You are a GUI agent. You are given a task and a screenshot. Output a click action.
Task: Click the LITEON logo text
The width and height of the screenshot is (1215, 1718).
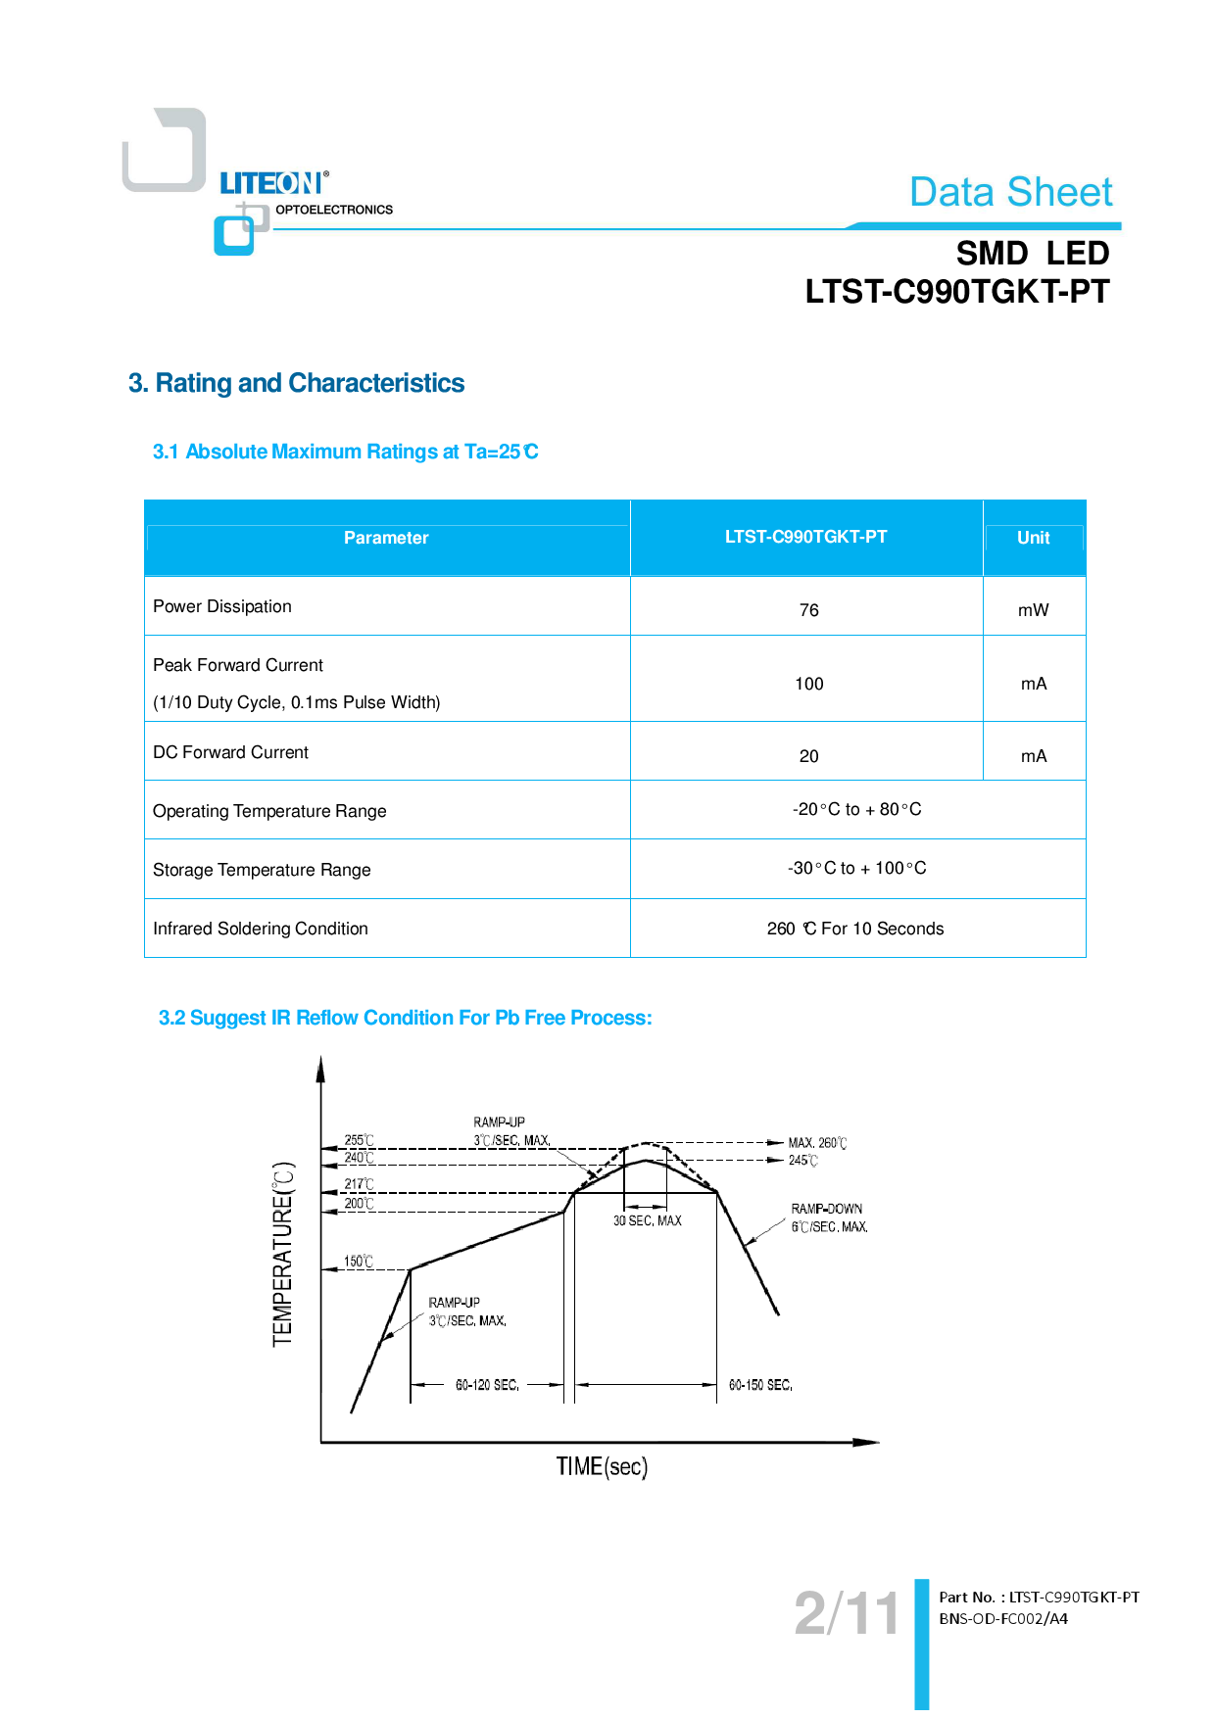coord(270,183)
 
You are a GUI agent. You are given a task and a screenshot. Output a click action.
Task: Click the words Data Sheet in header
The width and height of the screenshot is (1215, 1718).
coord(1010,192)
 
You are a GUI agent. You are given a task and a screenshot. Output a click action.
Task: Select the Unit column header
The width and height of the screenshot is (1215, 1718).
coord(1033,538)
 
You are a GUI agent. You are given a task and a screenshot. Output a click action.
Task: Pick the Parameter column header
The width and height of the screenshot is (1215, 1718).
coord(386,538)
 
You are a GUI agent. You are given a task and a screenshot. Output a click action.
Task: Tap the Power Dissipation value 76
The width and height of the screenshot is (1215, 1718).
coord(808,610)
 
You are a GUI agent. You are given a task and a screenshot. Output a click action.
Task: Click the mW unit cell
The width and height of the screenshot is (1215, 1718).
coord(1033,610)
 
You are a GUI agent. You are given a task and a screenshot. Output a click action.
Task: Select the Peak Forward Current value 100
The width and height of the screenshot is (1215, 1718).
coord(808,684)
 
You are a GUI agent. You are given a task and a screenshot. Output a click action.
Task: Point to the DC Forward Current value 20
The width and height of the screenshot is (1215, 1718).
coord(808,756)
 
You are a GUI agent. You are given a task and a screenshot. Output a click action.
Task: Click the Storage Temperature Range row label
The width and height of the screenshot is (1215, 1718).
coord(262,870)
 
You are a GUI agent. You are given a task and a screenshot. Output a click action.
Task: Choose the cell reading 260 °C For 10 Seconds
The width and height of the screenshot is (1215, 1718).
coord(855,929)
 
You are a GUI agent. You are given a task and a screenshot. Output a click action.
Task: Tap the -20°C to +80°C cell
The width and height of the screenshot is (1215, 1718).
coord(856,809)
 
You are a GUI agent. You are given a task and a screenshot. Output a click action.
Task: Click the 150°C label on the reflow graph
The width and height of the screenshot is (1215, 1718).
coord(358,1262)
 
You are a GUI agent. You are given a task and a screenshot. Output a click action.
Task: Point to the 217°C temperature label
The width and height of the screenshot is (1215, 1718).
coord(359,1184)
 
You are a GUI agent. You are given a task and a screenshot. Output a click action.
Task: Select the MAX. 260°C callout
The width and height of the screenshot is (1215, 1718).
coord(817,1143)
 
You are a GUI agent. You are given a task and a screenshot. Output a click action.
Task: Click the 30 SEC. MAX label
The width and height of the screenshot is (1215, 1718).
coord(647,1220)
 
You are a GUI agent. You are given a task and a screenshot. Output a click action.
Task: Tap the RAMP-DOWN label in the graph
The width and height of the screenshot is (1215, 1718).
coord(827,1209)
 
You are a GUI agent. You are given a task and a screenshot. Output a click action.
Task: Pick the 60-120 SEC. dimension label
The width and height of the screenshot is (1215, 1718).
coord(487,1385)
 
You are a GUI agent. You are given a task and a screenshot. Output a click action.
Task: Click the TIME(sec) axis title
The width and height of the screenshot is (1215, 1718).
coord(602,1466)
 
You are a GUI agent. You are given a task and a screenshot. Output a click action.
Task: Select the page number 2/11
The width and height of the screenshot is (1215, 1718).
coord(846,1613)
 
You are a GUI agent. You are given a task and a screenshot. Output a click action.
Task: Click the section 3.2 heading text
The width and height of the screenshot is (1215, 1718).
coord(405,1018)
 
